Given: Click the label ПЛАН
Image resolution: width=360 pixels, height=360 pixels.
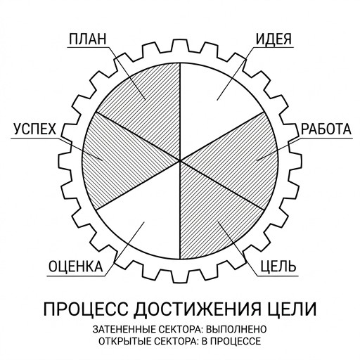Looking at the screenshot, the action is pyautogui.click(x=88, y=39).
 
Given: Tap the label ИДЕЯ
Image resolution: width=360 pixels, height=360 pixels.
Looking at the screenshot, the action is pyautogui.click(x=274, y=39).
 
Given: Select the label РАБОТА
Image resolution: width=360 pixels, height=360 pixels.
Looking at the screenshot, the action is pyautogui.click(x=326, y=129).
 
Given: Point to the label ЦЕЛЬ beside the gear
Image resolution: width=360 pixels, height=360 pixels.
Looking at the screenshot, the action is pyautogui.click(x=278, y=266).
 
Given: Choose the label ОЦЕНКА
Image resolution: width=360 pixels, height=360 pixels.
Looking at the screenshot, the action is pyautogui.click(x=76, y=266).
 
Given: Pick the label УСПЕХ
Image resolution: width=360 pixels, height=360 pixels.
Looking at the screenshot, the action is pyautogui.click(x=35, y=129).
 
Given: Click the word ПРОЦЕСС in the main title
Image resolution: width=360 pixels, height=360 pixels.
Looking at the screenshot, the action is pyautogui.click(x=86, y=309).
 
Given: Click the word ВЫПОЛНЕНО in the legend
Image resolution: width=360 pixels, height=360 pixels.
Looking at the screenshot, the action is pyautogui.click(x=236, y=329).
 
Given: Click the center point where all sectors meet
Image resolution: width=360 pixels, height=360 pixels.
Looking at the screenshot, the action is pyautogui.click(x=180, y=161).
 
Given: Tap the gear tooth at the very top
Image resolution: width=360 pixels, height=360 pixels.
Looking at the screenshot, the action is pyautogui.click(x=180, y=45).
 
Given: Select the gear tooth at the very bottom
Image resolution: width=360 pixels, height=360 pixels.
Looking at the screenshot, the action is pyautogui.click(x=180, y=276).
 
